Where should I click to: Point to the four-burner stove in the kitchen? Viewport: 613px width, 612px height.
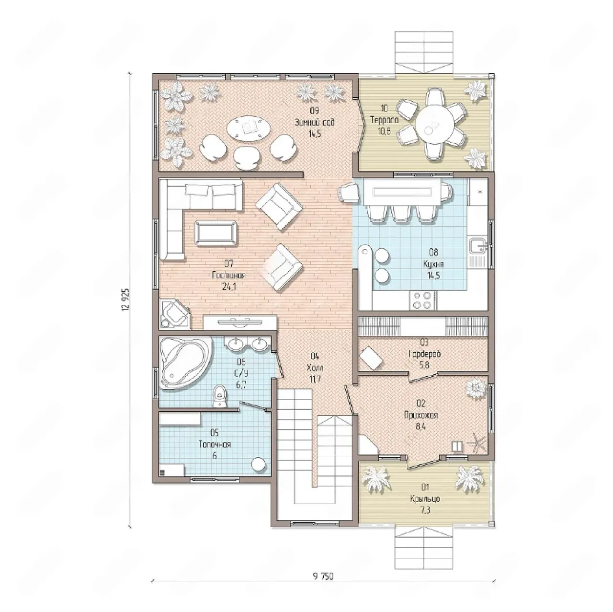click(x=422, y=300)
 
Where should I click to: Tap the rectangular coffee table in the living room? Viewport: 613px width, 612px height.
click(x=216, y=233)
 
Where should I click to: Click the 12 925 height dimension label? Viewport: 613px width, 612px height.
click(x=126, y=300)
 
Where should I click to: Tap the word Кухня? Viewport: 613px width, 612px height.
click(x=433, y=264)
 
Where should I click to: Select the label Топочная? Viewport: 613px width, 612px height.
click(x=215, y=444)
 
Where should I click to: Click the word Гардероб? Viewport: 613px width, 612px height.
click(x=425, y=353)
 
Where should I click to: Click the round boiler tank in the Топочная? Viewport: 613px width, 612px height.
click(x=258, y=464)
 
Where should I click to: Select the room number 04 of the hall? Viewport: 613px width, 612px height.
click(x=315, y=356)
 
